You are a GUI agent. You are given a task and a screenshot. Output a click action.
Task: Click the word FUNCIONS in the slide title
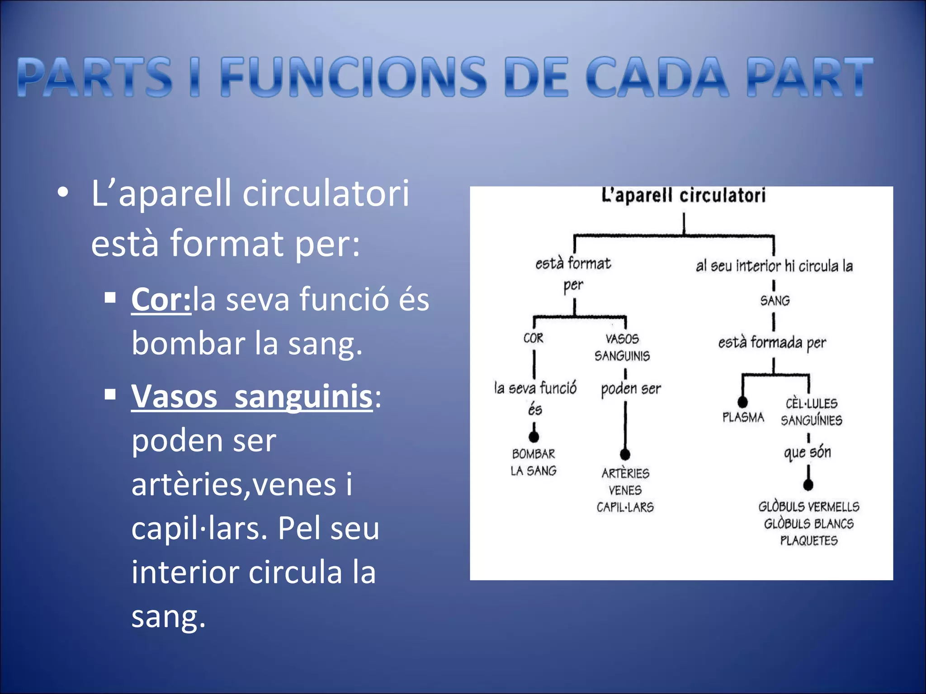click(x=353, y=77)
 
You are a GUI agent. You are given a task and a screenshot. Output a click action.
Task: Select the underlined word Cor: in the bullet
click(x=161, y=300)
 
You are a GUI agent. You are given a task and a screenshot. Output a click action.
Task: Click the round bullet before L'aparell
click(x=63, y=193)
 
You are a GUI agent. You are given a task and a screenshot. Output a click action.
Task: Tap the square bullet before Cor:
click(x=110, y=298)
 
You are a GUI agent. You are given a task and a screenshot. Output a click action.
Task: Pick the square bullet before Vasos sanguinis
click(x=110, y=395)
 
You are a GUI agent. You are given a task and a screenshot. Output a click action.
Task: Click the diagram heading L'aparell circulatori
click(x=683, y=196)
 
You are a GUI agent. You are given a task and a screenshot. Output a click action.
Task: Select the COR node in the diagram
click(x=534, y=338)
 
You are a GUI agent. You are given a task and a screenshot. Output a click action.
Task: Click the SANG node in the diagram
click(x=775, y=300)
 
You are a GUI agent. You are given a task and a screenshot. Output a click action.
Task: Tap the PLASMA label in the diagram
click(x=743, y=417)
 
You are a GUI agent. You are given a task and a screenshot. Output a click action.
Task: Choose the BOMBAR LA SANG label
click(x=534, y=462)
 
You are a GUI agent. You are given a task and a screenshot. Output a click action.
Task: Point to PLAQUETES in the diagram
click(x=808, y=540)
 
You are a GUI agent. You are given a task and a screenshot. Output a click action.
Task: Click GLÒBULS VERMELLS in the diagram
click(x=808, y=506)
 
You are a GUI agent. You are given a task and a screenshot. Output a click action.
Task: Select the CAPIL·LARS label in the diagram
click(x=625, y=507)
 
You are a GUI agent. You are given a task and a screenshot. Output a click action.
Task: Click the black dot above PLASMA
click(x=742, y=402)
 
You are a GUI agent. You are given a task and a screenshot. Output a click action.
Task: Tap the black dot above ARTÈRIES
click(x=625, y=454)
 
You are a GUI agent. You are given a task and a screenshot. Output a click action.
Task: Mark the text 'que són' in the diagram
click(x=808, y=452)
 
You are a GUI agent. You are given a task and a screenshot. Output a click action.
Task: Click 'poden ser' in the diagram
click(x=631, y=389)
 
